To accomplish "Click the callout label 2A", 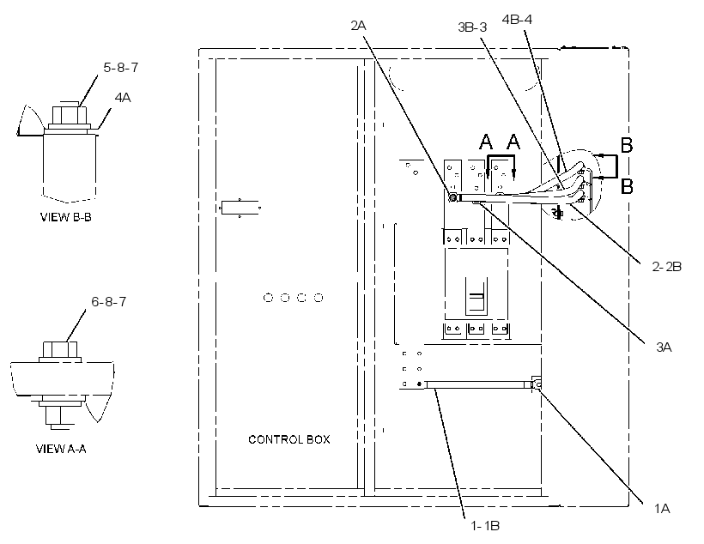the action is [358, 26].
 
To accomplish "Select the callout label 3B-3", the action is [472, 27].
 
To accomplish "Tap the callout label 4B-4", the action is [517, 20].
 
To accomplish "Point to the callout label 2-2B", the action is [667, 267].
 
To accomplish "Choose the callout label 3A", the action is [664, 347].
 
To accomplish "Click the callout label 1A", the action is [662, 509].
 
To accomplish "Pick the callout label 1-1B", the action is [485, 526].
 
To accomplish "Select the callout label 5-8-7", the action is [121, 68].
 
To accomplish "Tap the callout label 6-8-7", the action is [109, 302].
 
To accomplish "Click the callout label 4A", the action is [123, 98].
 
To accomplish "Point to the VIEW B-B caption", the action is [66, 217].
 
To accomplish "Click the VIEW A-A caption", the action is [61, 449].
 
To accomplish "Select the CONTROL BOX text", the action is [289, 439].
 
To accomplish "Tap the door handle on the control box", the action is [240, 208].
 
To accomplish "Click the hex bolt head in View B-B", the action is [70, 115].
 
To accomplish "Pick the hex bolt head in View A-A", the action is [60, 349].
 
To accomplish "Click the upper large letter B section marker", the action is [627, 145].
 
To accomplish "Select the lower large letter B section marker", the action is [627, 186].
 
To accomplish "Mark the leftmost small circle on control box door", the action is [268, 298].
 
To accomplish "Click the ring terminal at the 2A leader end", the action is [452, 197].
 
